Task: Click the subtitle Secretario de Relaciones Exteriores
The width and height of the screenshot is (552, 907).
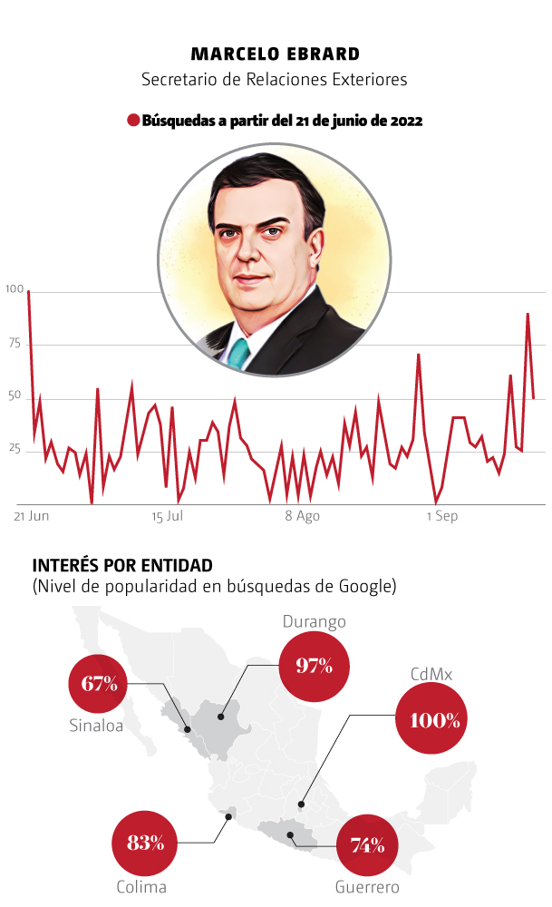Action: tap(275, 80)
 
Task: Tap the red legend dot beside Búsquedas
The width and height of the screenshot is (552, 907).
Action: tap(133, 121)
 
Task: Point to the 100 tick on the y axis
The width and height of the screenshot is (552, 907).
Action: tap(14, 290)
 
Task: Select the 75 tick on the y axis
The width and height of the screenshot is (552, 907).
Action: tap(14, 343)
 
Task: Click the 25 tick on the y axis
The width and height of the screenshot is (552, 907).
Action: tap(14, 449)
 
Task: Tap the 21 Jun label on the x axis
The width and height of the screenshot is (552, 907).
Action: tap(32, 516)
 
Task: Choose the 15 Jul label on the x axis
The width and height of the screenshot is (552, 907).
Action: tap(168, 516)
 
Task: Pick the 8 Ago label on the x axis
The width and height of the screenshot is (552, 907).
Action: tap(303, 516)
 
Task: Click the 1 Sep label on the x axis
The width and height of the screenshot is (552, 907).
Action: tap(441, 516)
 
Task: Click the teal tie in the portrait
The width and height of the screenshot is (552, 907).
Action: tap(237, 352)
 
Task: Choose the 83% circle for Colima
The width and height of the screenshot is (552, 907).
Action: tap(145, 843)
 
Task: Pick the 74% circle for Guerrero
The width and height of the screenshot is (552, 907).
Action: tap(368, 845)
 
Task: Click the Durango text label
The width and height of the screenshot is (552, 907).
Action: tap(314, 622)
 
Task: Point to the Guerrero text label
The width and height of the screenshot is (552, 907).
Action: tap(367, 887)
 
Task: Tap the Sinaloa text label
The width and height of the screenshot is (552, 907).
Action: tap(96, 726)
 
